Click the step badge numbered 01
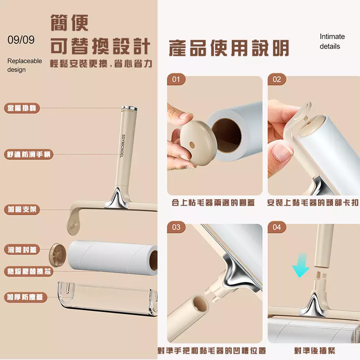click(176, 80)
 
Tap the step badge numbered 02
click(277, 80)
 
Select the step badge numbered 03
click(176, 227)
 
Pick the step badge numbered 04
click(277, 227)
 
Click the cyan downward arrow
click(301, 265)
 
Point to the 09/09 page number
click(21, 40)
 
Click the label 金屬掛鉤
click(22, 108)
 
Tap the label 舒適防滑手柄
click(29, 154)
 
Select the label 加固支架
click(22, 209)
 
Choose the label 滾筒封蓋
click(22, 250)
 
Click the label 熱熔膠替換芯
click(29, 271)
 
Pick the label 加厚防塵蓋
click(26, 297)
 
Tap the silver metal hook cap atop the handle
click(129, 108)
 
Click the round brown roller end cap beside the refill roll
click(58, 255)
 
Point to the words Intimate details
click(332, 41)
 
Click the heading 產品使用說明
click(229, 48)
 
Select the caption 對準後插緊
click(315, 351)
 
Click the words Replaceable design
click(25, 65)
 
